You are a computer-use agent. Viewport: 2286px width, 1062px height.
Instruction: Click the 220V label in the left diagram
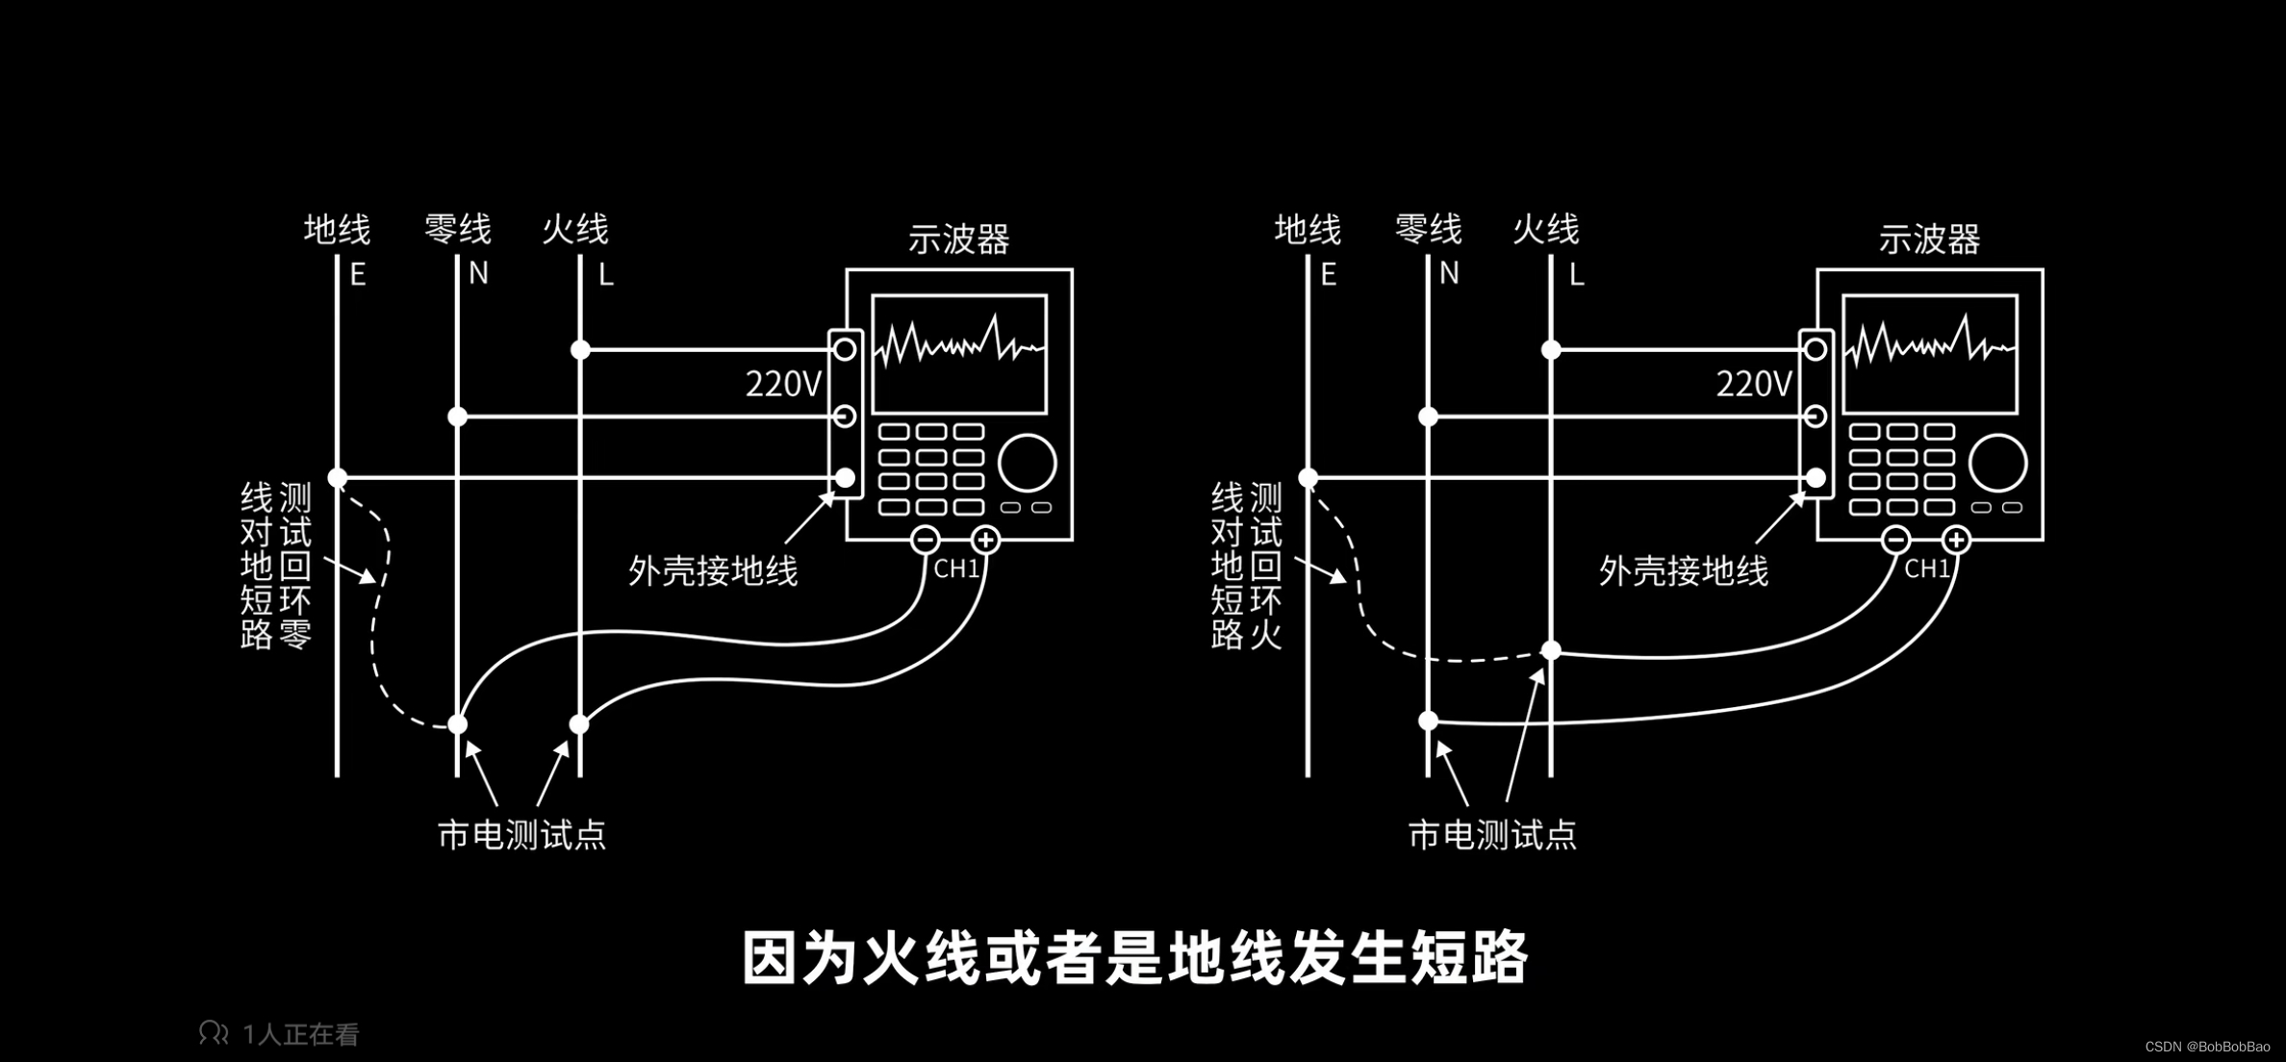783,385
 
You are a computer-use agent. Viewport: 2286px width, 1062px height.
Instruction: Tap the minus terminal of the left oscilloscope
926,540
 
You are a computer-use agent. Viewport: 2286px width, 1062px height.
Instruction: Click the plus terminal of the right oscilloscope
1956,540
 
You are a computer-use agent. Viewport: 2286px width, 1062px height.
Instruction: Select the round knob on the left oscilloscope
1028,463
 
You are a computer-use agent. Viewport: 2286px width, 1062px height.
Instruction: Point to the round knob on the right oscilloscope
1998,463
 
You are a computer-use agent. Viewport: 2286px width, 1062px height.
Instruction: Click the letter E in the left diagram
358,276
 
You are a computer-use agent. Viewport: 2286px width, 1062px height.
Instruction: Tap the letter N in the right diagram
1449,275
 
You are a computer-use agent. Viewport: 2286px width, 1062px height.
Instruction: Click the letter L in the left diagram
605,276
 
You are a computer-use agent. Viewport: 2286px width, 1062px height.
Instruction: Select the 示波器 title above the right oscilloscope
1929,240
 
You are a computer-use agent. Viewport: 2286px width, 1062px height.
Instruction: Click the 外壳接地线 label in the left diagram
713,571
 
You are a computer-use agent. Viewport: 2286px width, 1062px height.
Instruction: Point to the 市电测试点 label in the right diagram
1492,835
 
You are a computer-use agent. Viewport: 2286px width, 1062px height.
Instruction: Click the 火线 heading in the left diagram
575,230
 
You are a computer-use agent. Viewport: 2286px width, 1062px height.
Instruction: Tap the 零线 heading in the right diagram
1429,230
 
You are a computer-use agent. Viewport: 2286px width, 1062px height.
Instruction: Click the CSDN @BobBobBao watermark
2206,1047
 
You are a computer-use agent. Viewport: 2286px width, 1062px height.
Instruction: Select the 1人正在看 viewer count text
300,1034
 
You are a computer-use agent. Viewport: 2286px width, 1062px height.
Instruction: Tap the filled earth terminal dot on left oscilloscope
846,477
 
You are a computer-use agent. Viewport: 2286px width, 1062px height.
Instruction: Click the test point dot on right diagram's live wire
1551,651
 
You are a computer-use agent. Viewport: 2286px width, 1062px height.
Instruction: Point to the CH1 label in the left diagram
956,569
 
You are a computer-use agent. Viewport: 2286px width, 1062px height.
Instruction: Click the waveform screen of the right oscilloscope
1930,354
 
